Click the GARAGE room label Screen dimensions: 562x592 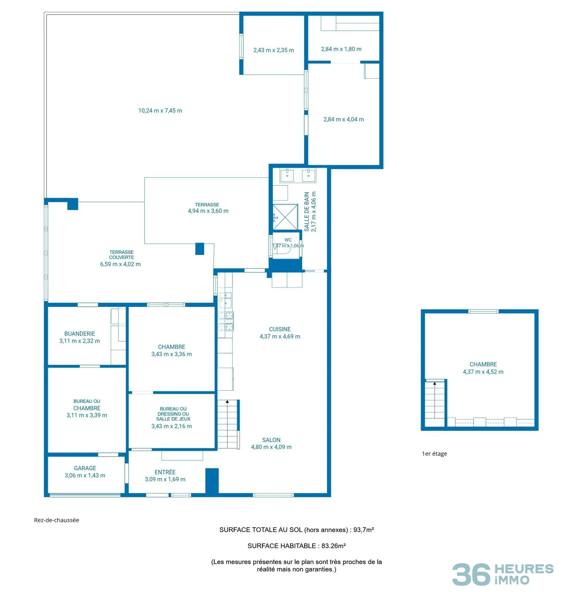click(x=85, y=468)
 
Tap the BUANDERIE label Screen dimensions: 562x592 click(x=80, y=333)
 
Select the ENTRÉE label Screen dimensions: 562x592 click(x=165, y=472)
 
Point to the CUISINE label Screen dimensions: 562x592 click(x=280, y=329)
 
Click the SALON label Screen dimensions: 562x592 click(x=271, y=440)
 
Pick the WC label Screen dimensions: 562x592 click(x=288, y=240)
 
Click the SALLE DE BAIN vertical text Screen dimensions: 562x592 click(x=306, y=211)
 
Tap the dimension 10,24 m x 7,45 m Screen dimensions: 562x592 click(x=160, y=111)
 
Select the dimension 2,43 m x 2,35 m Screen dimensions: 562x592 click(x=274, y=50)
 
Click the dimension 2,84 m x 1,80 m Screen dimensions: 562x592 click(x=341, y=49)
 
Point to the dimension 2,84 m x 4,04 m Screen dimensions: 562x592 click(x=344, y=119)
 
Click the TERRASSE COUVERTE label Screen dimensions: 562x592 click(x=122, y=255)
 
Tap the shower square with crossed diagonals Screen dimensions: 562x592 click(x=285, y=217)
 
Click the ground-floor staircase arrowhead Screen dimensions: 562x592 click(x=227, y=401)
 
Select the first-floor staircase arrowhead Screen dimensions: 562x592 click(x=435, y=383)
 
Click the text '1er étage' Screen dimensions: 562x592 click(x=434, y=454)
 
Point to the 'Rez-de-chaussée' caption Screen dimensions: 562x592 click(x=56, y=520)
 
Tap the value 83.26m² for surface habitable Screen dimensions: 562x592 click(x=334, y=546)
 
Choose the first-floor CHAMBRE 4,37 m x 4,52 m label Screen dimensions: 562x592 click(x=483, y=368)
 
